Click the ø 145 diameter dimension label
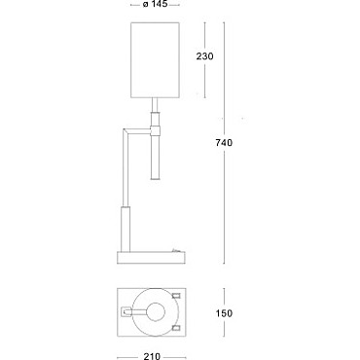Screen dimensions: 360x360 [x=155, y=4]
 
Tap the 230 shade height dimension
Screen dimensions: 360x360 [x=204, y=56]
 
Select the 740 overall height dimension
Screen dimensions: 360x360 [x=224, y=142]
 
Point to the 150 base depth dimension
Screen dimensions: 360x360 [x=224, y=313]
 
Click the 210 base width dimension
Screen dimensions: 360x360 [x=152, y=356]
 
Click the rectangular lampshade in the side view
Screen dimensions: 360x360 [x=155, y=59]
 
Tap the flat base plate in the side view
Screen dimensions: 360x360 [x=151, y=258]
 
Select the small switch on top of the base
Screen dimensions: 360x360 [x=176, y=250]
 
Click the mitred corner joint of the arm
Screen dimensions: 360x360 [x=126, y=132]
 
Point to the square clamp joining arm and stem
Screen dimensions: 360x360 [x=155, y=131]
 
